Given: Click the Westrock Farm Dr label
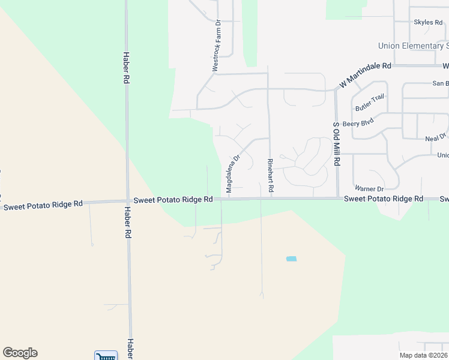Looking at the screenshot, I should point(217,46).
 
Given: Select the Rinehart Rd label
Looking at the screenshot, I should point(271,176).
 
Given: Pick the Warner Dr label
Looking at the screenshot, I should point(369,188).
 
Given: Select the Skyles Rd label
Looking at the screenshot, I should point(428,22).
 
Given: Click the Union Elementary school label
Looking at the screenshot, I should point(413,46).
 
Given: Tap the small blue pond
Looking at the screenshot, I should point(291,259).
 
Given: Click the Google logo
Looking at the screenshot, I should point(20,353).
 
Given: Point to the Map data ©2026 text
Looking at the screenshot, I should point(424,355).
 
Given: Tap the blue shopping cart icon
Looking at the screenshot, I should point(106,356).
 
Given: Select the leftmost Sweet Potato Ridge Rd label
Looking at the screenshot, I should point(43,205).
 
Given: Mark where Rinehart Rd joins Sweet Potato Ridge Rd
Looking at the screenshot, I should point(271,198).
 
